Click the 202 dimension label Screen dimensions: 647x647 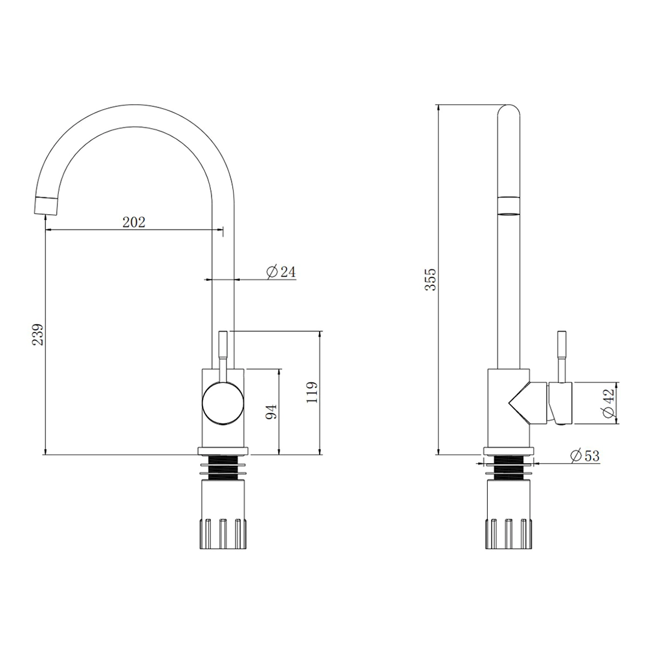(x=134, y=222)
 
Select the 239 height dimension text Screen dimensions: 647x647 (x=38, y=334)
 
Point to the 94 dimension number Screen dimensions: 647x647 (x=271, y=412)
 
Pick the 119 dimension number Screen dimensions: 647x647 (x=312, y=393)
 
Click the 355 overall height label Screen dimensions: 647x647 (x=430, y=280)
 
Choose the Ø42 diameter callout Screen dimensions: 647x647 (x=609, y=402)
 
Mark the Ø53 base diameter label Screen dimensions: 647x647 (x=585, y=455)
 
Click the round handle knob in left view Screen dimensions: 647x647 (x=223, y=403)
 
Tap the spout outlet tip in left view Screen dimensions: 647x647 (x=45, y=206)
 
